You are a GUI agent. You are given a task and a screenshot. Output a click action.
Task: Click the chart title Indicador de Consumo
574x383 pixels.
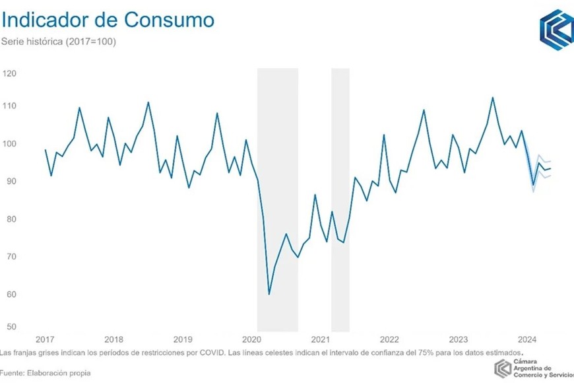click(108, 20)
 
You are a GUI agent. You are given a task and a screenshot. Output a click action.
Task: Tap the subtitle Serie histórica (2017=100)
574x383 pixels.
click(59, 42)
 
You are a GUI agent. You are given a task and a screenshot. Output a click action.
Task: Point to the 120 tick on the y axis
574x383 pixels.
click(9, 73)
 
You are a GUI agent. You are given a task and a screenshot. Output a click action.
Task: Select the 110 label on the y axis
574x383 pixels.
click(9, 106)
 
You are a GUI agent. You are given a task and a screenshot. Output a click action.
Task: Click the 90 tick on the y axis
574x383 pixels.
click(9, 181)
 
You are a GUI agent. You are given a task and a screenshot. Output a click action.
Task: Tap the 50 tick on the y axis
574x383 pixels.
click(9, 327)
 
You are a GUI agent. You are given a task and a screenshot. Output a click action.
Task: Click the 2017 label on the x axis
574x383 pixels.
click(45, 339)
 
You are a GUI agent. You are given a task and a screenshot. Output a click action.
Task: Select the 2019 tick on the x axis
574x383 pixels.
click(183, 339)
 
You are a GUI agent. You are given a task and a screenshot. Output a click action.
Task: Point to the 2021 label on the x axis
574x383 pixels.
click(321, 339)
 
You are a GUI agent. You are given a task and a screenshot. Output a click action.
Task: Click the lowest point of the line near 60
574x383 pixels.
click(269, 294)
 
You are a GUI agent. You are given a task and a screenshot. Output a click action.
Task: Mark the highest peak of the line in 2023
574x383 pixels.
click(493, 98)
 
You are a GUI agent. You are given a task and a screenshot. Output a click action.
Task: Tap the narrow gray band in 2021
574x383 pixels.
click(340, 198)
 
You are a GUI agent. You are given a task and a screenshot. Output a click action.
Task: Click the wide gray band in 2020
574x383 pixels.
click(277, 198)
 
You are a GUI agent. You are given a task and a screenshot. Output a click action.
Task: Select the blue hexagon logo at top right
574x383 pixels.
click(556, 30)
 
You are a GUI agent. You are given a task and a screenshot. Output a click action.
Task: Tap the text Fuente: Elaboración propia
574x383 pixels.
click(46, 373)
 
